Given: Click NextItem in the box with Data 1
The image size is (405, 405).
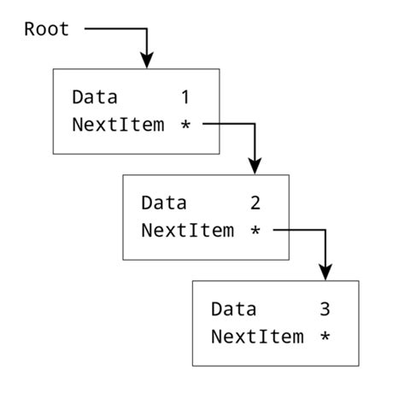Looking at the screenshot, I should [118, 125].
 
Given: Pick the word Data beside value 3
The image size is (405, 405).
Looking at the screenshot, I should [232, 308].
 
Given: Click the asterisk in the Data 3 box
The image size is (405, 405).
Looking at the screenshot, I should [326, 337].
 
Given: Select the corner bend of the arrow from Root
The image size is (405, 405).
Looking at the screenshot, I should [147, 30].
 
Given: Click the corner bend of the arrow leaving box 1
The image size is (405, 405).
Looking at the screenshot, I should [254, 124].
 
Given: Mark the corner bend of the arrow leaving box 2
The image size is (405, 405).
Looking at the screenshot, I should [325, 230].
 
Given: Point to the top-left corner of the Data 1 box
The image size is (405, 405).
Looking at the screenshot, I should [54, 69].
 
